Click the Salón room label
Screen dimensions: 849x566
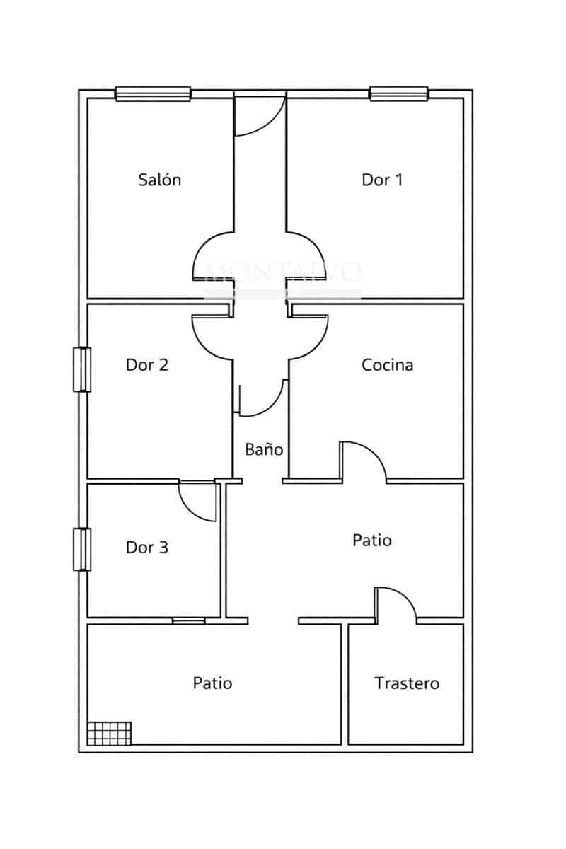[159, 180]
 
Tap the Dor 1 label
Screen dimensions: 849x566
[382, 180]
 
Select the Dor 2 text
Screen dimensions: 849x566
[147, 365]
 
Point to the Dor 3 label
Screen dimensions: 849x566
[147, 547]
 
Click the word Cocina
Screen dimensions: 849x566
[387, 365]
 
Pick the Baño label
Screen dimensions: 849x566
[264, 449]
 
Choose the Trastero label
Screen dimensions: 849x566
[406, 683]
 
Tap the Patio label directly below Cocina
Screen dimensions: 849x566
[372, 541]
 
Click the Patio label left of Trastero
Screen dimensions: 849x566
[212, 683]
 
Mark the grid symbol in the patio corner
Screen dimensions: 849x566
[110, 732]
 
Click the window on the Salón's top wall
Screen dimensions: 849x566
[154, 93]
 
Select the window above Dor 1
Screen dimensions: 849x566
[399, 93]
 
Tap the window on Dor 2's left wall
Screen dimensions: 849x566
[83, 369]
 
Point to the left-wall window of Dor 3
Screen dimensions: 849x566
[83, 549]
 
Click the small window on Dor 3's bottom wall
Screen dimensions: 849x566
[189, 620]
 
